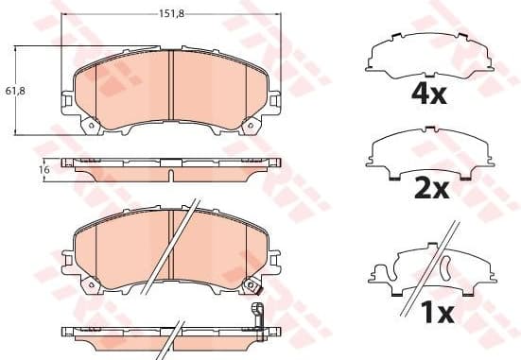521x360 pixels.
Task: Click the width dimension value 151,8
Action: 169,14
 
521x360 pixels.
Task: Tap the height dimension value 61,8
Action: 13,90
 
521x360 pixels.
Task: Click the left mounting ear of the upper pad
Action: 68,97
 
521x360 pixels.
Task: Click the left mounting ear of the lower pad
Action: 68,256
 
